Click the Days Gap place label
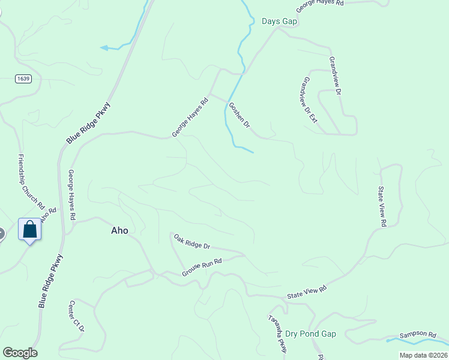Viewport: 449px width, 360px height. point(280,22)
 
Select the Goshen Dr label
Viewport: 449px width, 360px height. point(239,114)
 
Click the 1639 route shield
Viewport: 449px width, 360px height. point(23,79)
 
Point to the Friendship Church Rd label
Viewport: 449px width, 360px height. point(32,181)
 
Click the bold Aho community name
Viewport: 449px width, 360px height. point(119,230)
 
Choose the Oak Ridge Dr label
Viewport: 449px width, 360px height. point(192,242)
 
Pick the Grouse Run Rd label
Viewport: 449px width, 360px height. point(202,268)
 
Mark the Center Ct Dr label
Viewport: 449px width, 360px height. point(77,316)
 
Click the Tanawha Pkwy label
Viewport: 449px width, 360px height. point(277,334)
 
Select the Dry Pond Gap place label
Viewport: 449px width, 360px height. point(310,334)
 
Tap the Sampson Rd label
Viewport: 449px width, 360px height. point(418,334)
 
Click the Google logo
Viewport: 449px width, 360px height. point(20,353)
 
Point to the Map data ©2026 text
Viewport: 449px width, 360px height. point(423,355)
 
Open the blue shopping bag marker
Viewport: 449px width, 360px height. point(30,229)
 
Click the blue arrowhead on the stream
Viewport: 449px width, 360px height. point(104,47)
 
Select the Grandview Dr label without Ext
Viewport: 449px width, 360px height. point(334,76)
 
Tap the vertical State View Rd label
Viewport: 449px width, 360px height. point(381,206)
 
